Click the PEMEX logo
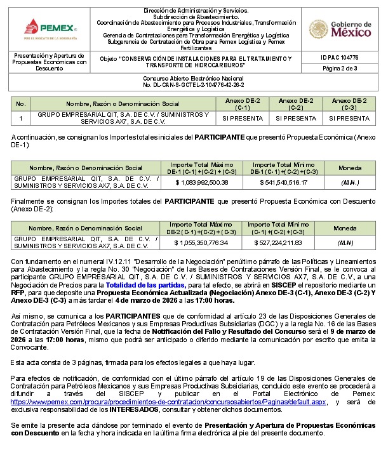pyautogui.click(x=48, y=29)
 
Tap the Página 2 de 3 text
pyautogui.click(x=340, y=69)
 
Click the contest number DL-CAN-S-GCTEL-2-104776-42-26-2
pyautogui.click(x=194, y=84)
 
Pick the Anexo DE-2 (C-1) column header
pyautogui.click(x=243, y=103)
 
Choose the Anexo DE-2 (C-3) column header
pyautogui.click(x=349, y=103)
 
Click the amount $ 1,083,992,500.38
pyautogui.click(x=201, y=183)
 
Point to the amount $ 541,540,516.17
pyautogui.click(x=284, y=183)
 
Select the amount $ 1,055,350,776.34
pyautogui.click(x=201, y=242)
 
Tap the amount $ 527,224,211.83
pyautogui.click(x=283, y=242)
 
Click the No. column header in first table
pyautogui.click(x=21, y=103)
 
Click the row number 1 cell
pyautogui.click(x=21, y=118)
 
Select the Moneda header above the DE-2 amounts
pyautogui.click(x=345, y=228)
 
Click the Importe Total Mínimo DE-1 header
pyautogui.click(x=284, y=168)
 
